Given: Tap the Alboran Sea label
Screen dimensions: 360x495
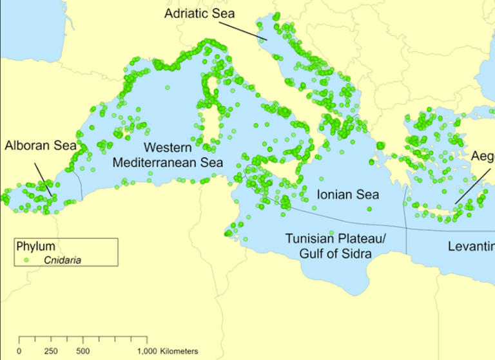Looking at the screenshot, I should point(40,146).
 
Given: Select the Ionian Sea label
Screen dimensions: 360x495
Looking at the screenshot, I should point(348,194).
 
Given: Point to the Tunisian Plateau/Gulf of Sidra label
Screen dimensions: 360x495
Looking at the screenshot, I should point(335,246).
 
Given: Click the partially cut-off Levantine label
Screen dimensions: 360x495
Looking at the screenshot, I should point(471,247).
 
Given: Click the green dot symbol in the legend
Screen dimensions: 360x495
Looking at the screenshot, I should point(25,260).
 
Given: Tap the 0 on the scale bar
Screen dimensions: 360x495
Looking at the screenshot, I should point(19,351).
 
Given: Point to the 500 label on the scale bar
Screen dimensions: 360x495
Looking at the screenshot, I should point(82,351).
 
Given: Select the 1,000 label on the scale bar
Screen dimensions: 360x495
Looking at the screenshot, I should point(146,351).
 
